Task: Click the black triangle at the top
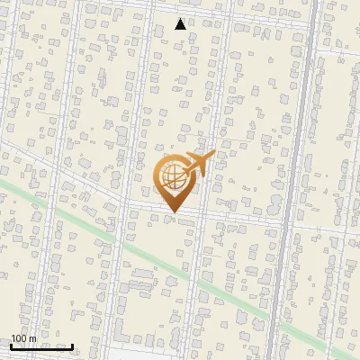tap(181, 24)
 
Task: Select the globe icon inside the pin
tap(174, 176)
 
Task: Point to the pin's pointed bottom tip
tap(174, 212)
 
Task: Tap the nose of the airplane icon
tap(213, 155)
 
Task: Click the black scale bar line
tap(41, 346)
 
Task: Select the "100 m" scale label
tap(23, 338)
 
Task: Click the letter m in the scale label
tap(32, 338)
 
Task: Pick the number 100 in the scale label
tap(19, 338)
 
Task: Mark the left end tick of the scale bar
tap(11, 346)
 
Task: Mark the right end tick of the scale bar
tap(73, 346)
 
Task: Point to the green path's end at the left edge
tap(3, 182)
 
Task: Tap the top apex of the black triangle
tap(181, 18)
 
